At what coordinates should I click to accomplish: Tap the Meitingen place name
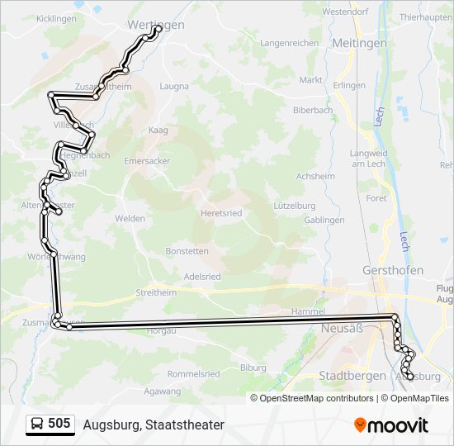coord(358,42)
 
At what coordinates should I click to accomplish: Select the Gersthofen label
coord(393,270)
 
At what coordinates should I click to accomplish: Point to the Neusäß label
coord(337,329)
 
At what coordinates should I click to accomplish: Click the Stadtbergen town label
coord(352,375)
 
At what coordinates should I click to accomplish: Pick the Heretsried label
coord(221,213)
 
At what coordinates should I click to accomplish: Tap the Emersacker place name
coord(148,161)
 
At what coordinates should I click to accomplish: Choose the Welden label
coord(130,218)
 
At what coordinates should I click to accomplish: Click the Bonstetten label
coord(187,250)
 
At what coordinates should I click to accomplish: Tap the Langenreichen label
coord(289,42)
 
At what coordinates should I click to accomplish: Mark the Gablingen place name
coord(324,220)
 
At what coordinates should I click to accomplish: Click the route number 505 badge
coord(59,424)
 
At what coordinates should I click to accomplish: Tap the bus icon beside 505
coord(37,425)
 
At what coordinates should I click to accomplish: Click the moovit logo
coord(391,425)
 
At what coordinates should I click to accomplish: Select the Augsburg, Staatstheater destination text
coord(154,425)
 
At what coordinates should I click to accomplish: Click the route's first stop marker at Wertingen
coord(158,30)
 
